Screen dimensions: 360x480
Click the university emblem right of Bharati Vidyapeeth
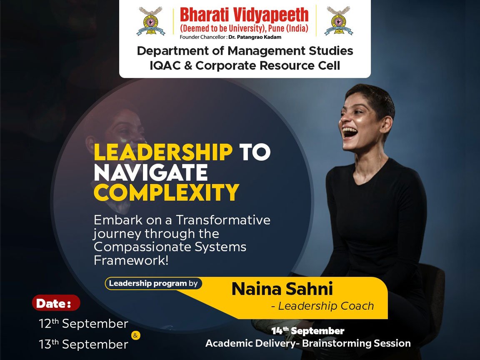[338, 21]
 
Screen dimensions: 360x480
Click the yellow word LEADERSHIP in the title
[163, 152]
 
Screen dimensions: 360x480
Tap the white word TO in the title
[255, 152]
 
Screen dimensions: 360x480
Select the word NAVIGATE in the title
[150, 172]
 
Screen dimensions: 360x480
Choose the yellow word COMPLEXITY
[166, 192]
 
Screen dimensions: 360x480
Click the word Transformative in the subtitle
[223, 220]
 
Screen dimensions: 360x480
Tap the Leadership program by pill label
[153, 283]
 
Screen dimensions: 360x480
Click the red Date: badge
[55, 303]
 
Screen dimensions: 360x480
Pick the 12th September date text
[83, 324]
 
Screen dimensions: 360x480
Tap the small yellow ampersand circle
[135, 334]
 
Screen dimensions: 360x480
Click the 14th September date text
[308, 331]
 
